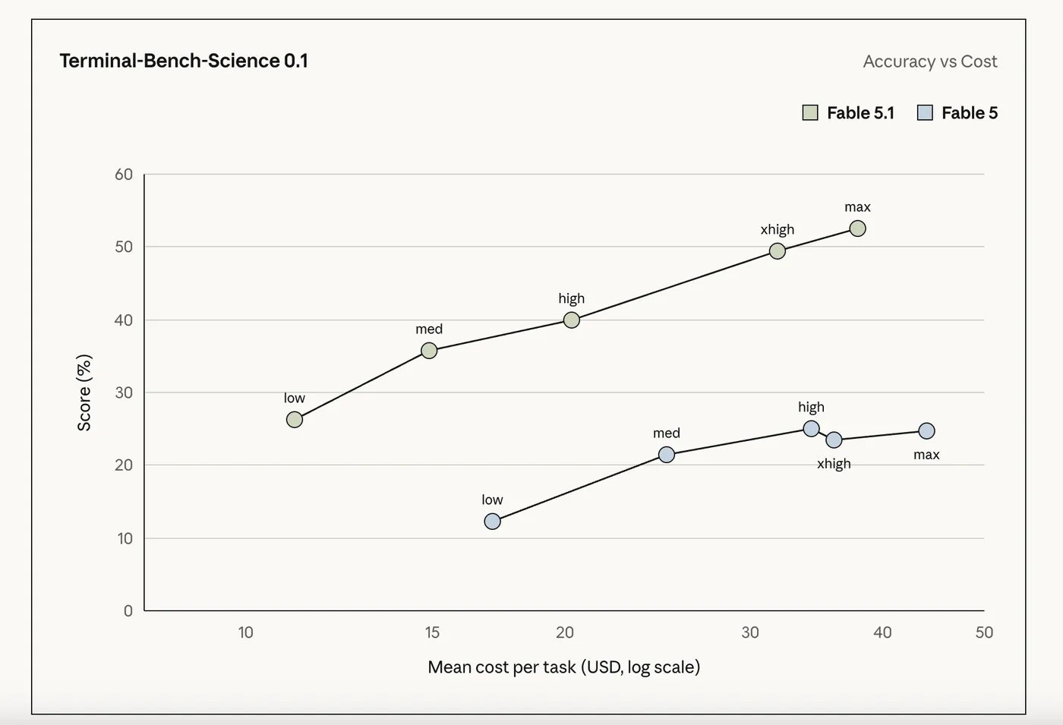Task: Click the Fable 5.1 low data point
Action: [295, 419]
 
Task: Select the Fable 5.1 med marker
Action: [429, 351]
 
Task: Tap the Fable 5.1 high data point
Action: [571, 320]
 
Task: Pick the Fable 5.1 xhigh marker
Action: [778, 251]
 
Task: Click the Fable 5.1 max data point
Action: [857, 229]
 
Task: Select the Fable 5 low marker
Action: [493, 522]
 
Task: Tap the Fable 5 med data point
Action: [667, 455]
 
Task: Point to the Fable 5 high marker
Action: [812, 429]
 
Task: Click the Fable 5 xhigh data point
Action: [834, 440]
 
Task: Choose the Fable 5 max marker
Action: [927, 431]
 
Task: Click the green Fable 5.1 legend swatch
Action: [810, 113]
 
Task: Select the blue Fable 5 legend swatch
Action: [925, 113]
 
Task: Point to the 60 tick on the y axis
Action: [124, 175]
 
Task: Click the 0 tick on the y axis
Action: [128, 610]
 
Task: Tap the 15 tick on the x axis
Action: [432, 632]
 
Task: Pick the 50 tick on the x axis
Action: [984, 632]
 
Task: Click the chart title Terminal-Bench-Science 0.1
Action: [184, 61]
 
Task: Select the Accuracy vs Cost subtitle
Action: [930, 61]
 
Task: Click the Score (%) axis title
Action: [84, 392]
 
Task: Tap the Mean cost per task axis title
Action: [563, 667]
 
